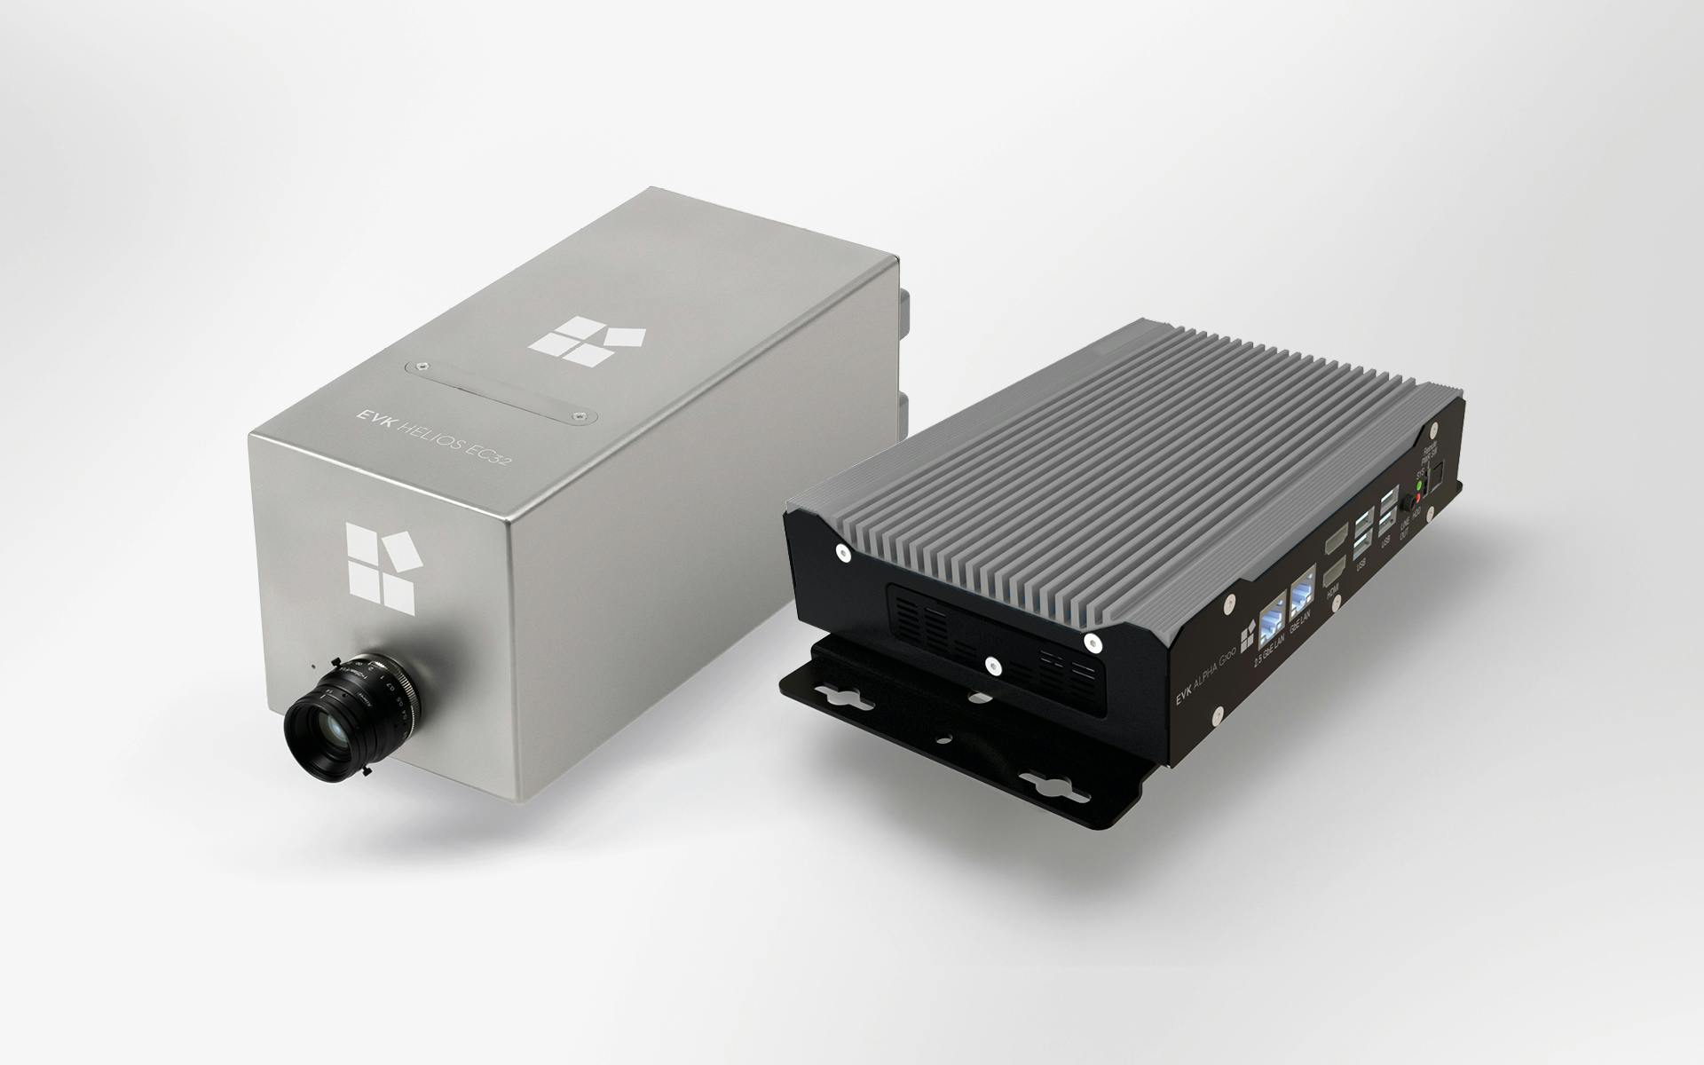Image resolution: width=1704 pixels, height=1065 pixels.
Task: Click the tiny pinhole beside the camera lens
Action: (x=312, y=663)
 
